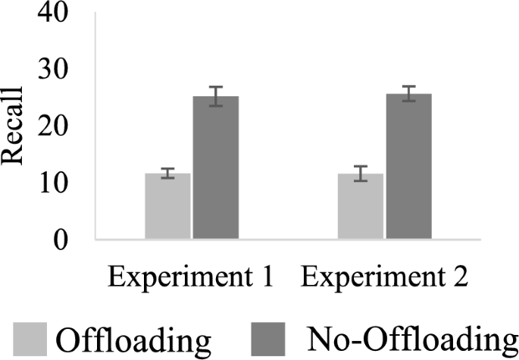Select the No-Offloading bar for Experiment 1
[216, 168]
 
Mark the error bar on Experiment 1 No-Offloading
[216, 96]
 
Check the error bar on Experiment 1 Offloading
[167, 174]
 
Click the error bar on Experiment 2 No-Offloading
[408, 94]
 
